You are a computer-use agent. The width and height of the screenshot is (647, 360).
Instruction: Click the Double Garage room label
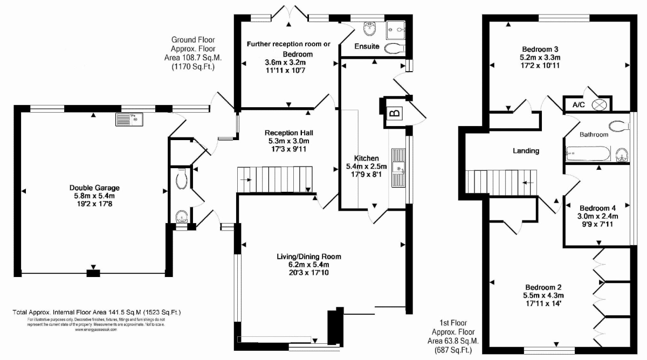click(94, 188)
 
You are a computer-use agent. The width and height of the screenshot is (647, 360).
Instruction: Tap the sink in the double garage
click(128, 119)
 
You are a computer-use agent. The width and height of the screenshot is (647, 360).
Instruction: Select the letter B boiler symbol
click(394, 113)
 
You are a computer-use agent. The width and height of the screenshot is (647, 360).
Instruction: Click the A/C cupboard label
click(576, 105)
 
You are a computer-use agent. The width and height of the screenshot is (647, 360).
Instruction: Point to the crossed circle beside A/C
click(599, 105)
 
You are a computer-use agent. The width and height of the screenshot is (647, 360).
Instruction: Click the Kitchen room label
click(366, 158)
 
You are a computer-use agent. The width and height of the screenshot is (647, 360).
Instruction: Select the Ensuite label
click(367, 46)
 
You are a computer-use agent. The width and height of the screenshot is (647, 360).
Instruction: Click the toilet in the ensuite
click(394, 48)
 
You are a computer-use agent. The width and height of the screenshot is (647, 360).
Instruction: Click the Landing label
click(526, 151)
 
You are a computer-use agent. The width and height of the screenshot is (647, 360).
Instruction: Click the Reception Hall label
click(289, 133)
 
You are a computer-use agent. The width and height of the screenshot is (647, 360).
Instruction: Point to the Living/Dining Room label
click(308, 257)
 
